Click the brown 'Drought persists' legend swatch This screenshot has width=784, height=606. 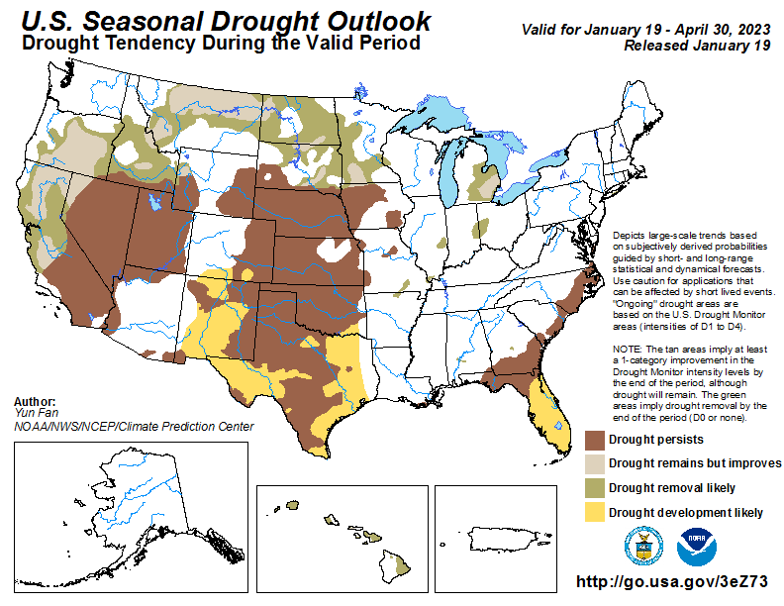594,439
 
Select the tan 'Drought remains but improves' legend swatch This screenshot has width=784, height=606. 594,463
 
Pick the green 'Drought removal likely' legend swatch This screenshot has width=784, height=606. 594,487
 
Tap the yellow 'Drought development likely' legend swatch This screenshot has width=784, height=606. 594,512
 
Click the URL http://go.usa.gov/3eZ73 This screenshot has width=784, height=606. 671,583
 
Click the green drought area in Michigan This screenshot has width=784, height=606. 487,182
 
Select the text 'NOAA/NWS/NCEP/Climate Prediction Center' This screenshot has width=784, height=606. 134,427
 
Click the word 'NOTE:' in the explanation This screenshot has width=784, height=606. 630,351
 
